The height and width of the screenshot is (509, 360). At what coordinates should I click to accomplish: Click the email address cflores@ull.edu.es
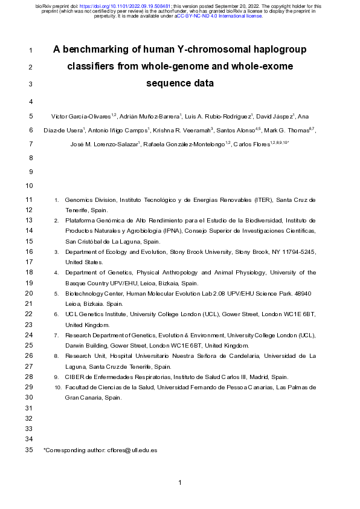(132, 450)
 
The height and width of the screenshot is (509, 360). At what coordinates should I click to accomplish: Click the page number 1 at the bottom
(180, 482)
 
